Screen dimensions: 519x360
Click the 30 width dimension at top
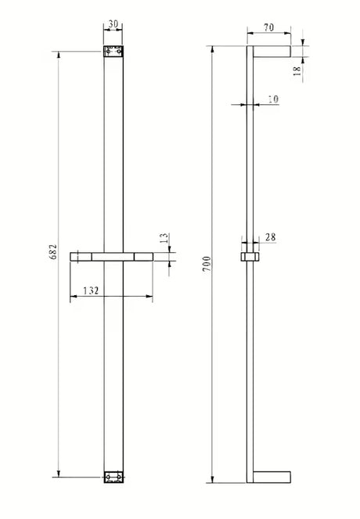(x=113, y=24)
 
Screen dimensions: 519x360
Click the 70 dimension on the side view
(x=269, y=27)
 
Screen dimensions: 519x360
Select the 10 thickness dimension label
(x=272, y=99)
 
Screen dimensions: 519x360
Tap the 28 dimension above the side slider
(x=270, y=237)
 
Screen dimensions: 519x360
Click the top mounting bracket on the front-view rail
(x=113, y=52)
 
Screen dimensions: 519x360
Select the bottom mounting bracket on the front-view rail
(x=113, y=476)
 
